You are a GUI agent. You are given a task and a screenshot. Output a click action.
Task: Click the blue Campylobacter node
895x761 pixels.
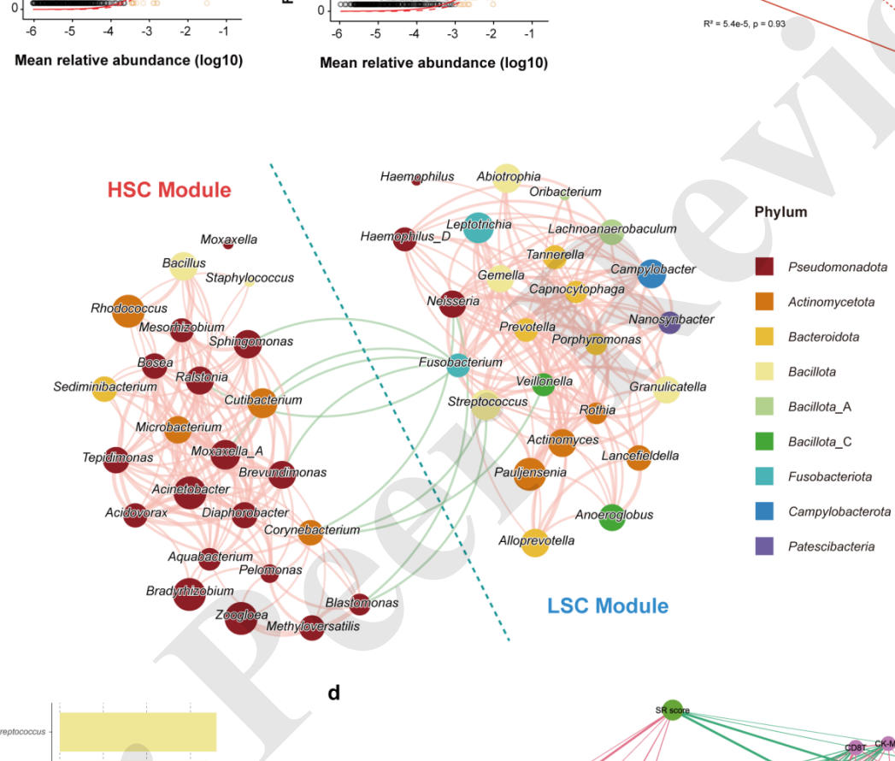pos(651,273)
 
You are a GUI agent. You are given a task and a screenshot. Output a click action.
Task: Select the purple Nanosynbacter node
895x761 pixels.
pos(671,322)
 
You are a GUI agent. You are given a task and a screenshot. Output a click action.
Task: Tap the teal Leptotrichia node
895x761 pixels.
pos(479,227)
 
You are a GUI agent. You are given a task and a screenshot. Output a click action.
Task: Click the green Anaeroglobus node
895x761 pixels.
pos(612,516)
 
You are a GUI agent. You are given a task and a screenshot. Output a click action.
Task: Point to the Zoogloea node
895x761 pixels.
pos(241,618)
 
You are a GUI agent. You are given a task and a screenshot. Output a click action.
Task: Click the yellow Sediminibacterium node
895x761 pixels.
pos(104,389)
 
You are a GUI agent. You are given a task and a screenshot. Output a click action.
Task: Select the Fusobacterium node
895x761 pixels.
pos(458,365)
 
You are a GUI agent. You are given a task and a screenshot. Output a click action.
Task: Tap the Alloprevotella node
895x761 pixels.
pos(535,542)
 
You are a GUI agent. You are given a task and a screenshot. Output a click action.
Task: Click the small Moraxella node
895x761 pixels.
pos(227,245)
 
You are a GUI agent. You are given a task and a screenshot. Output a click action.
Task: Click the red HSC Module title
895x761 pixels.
pos(169,190)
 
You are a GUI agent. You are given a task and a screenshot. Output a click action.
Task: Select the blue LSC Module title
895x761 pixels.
pos(608,606)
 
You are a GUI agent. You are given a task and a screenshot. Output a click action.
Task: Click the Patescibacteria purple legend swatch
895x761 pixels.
pos(765,546)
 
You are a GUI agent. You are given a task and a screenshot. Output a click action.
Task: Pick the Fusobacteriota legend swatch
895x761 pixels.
pos(765,476)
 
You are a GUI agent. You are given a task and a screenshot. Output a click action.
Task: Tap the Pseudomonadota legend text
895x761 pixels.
pos(837,268)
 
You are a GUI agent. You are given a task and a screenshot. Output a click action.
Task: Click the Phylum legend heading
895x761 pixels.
pos(780,213)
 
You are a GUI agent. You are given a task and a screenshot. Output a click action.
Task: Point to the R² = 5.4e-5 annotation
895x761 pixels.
pos(743,23)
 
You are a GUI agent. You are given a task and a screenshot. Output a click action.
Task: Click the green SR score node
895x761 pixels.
pos(673,709)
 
